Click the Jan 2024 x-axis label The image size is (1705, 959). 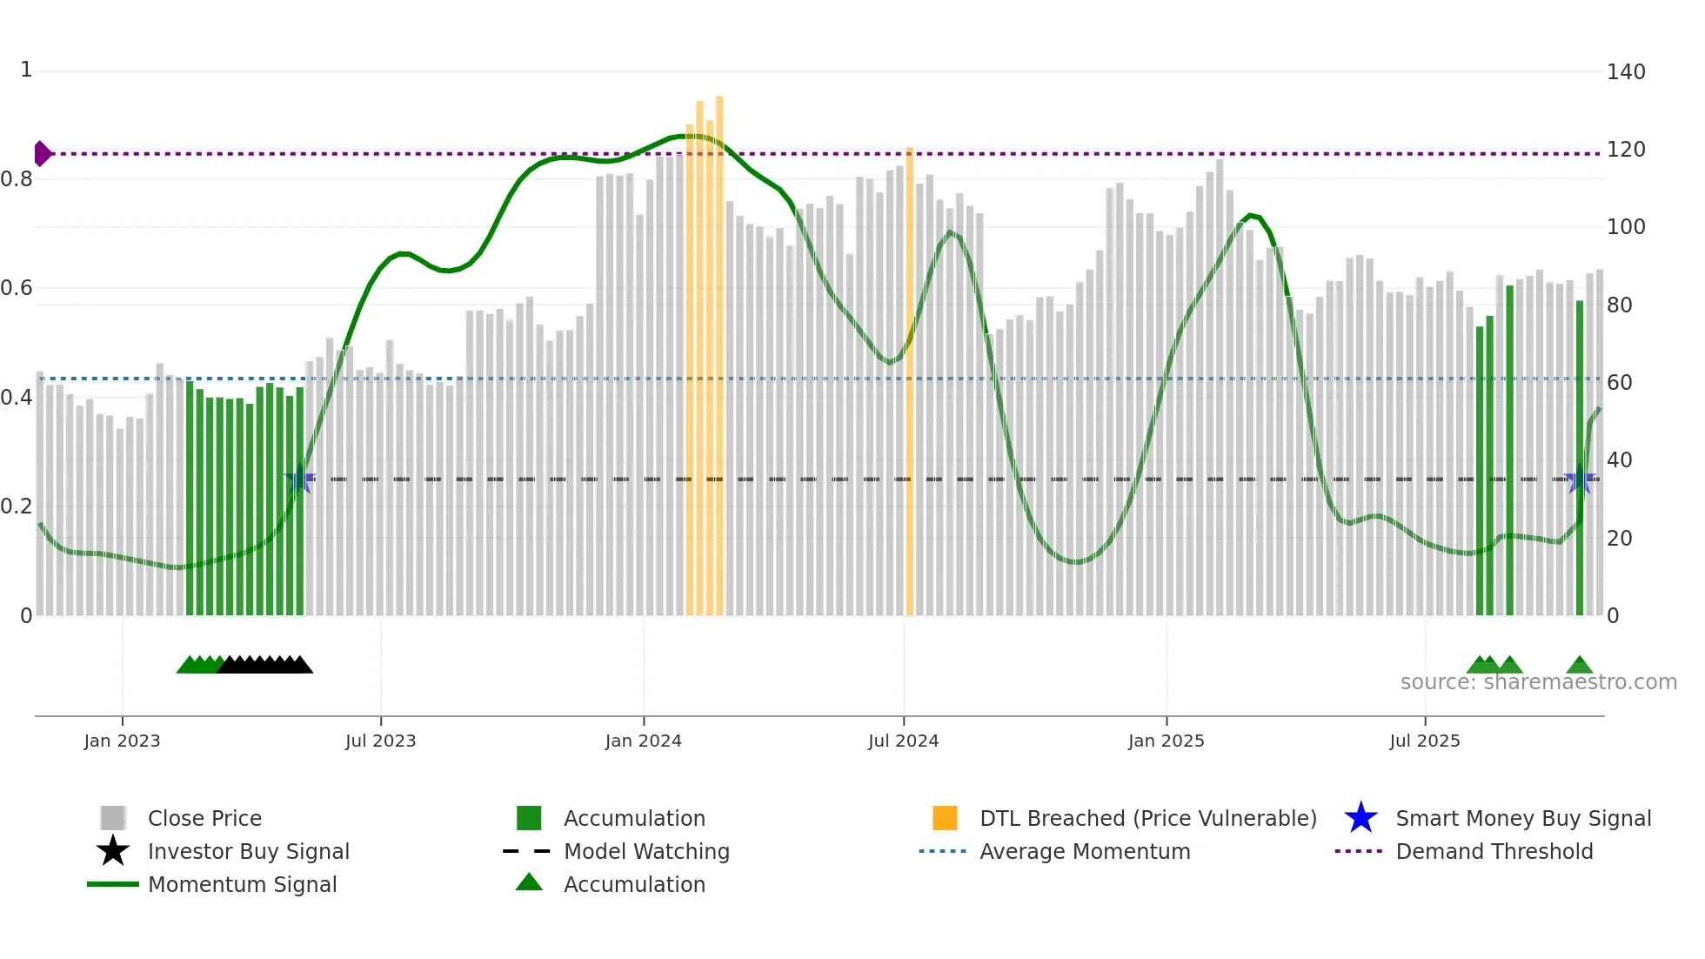(643, 741)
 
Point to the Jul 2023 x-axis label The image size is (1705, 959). (380, 741)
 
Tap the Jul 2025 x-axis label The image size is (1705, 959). (1424, 741)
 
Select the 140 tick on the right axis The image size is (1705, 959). (1625, 72)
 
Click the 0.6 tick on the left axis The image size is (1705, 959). (17, 288)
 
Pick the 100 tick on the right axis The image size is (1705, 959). (1625, 227)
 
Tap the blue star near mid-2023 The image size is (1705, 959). (299, 479)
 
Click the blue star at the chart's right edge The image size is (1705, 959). (1579, 479)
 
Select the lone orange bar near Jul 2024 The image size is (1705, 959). (909, 383)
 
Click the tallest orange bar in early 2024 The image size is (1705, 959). (719, 357)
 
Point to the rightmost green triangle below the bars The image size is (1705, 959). (1579, 666)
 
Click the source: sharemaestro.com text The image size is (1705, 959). (1538, 682)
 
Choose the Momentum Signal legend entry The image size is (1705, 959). (242, 884)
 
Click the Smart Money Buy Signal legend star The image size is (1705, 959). (1361, 818)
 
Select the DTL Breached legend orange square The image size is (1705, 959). (945, 818)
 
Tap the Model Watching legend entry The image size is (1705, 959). (645, 851)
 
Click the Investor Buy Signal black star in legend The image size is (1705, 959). (113, 851)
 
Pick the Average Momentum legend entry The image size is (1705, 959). (1084, 851)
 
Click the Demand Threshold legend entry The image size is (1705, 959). (1494, 851)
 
